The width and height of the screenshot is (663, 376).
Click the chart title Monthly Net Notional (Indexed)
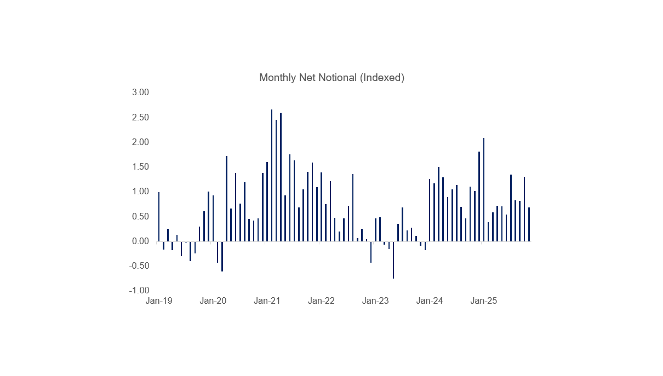pyautogui.click(x=331, y=78)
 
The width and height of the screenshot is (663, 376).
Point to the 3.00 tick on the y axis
pyautogui.click(x=140, y=92)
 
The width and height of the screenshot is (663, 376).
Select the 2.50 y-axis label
pyautogui.click(x=140, y=118)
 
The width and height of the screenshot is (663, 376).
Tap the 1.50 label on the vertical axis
pyautogui.click(x=140, y=167)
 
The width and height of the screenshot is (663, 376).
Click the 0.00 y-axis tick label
pyautogui.click(x=140, y=241)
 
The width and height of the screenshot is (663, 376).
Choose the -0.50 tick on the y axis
pyautogui.click(x=139, y=266)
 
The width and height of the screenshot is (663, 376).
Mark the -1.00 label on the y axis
pyautogui.click(x=139, y=291)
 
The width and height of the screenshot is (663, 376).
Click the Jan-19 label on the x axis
pyautogui.click(x=159, y=301)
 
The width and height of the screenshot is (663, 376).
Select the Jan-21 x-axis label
pyautogui.click(x=267, y=301)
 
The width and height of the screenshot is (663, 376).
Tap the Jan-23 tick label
pyautogui.click(x=375, y=301)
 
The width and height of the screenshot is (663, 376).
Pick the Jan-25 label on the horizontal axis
pyautogui.click(x=484, y=301)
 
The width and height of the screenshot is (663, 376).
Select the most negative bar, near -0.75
pyautogui.click(x=393, y=260)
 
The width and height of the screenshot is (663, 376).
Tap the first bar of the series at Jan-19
pyautogui.click(x=159, y=217)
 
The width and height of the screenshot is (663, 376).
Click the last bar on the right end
pyautogui.click(x=529, y=224)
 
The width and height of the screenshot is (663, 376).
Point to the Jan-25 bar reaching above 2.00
pyautogui.click(x=484, y=189)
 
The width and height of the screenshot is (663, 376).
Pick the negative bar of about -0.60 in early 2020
pyautogui.click(x=222, y=256)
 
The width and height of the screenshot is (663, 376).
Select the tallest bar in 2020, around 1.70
pyautogui.click(x=226, y=199)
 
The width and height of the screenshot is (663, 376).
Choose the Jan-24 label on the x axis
pyautogui.click(x=430, y=301)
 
